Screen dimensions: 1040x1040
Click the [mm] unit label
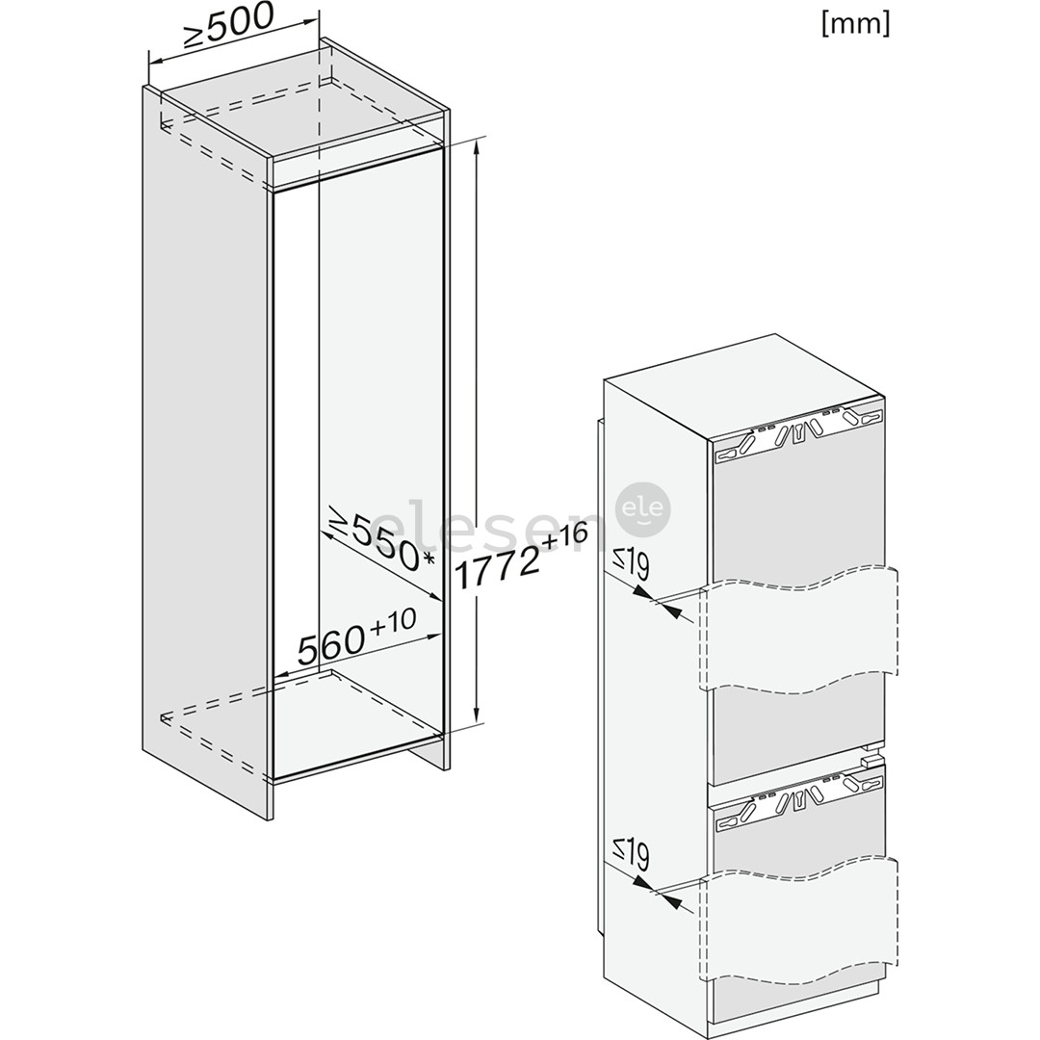click(855, 24)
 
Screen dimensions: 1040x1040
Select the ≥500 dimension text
click(228, 27)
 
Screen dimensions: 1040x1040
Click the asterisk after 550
click(429, 560)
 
